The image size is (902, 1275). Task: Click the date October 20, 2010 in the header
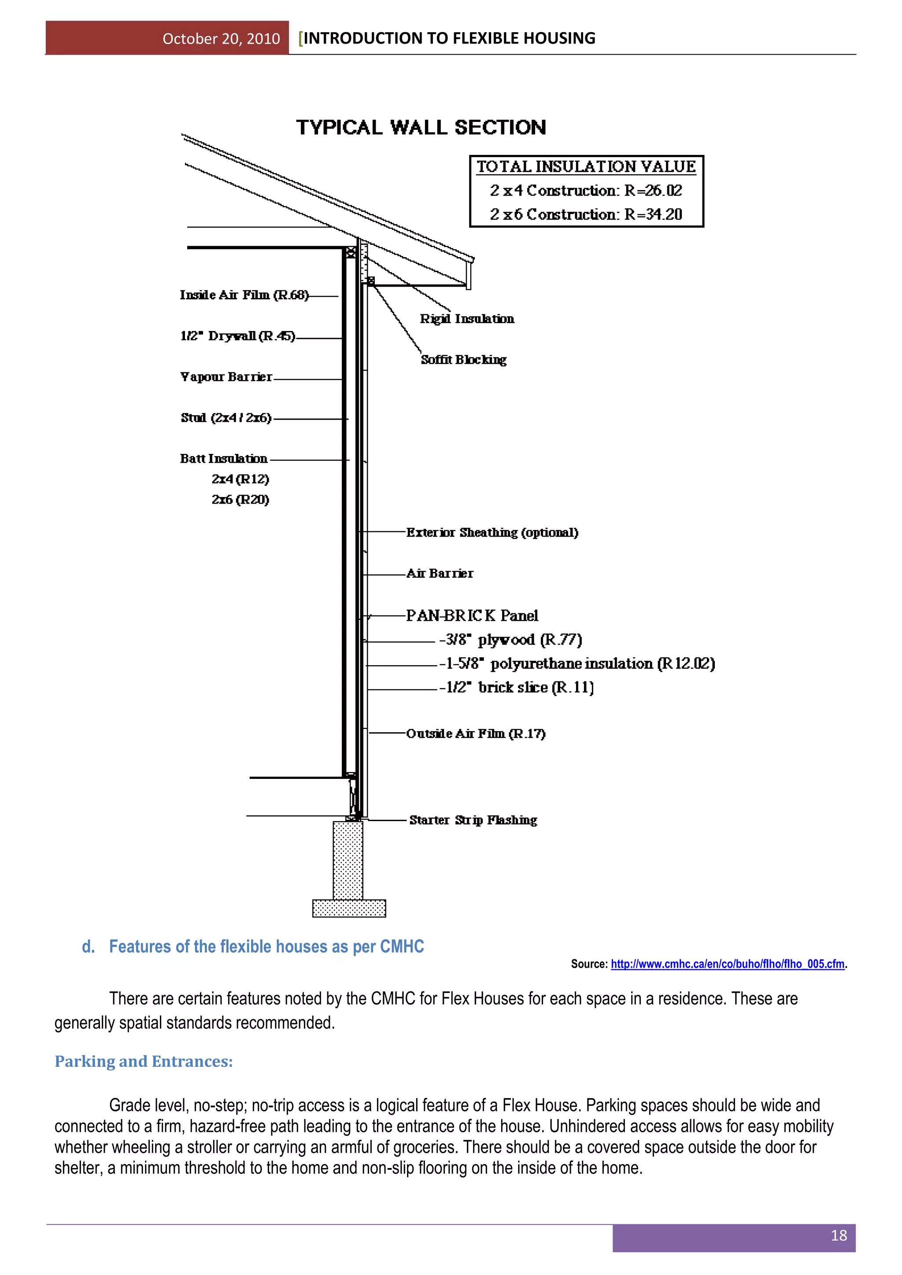tap(221, 38)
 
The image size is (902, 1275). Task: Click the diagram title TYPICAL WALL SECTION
tap(421, 127)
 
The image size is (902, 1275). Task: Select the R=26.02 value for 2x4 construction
tap(653, 191)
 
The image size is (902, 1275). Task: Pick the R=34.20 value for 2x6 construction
tap(653, 214)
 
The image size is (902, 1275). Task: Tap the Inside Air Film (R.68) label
tap(244, 295)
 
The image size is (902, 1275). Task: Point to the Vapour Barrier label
tap(226, 377)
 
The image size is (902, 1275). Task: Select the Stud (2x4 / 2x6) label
tap(226, 418)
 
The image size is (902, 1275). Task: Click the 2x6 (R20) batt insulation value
tap(240, 500)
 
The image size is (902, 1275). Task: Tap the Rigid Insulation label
tap(466, 319)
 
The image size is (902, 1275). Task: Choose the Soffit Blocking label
tap(463, 360)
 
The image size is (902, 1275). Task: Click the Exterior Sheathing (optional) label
tap(492, 533)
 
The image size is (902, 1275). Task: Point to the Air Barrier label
tap(440, 573)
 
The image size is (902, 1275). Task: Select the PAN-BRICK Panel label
tap(472, 615)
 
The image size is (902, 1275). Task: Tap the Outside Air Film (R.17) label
tap(475, 733)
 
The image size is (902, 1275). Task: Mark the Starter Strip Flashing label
tap(473, 820)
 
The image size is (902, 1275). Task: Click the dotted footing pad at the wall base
tap(349, 909)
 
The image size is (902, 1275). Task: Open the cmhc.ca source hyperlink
tap(727, 964)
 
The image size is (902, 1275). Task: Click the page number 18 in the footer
tap(838, 1235)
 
